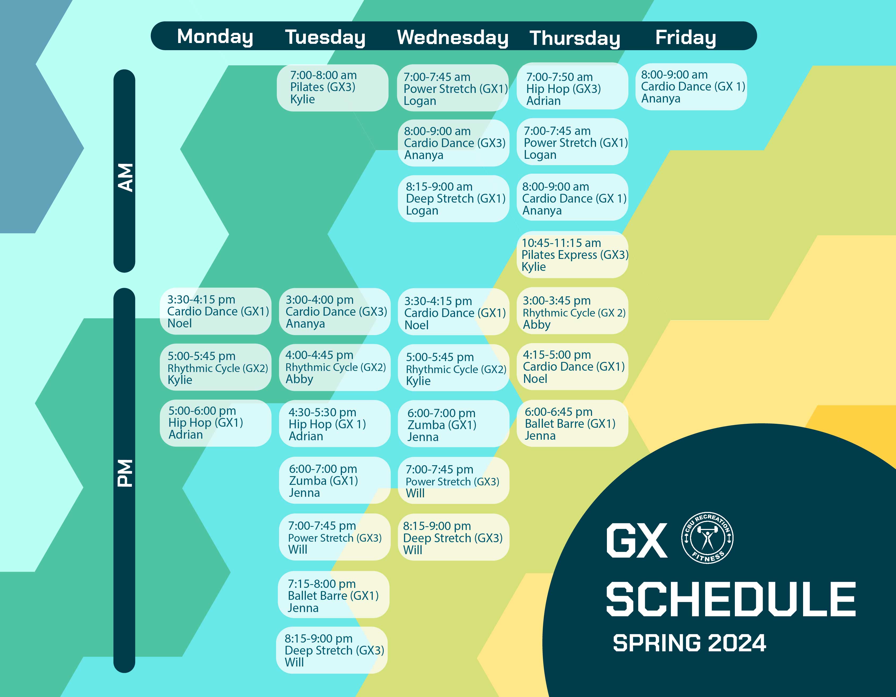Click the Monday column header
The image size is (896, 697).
(215, 37)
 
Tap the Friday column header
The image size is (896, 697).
(685, 37)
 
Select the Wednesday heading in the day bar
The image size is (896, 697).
(452, 37)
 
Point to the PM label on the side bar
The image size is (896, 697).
(125, 473)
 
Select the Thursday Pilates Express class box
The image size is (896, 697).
(572, 255)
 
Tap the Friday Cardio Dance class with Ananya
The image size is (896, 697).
(691, 87)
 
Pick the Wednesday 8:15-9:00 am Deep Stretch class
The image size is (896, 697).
(453, 199)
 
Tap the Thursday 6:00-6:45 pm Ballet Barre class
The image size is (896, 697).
(572, 423)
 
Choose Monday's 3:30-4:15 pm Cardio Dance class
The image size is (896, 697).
(215, 311)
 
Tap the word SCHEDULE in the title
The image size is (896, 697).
(731, 599)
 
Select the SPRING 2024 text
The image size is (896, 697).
(689, 643)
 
